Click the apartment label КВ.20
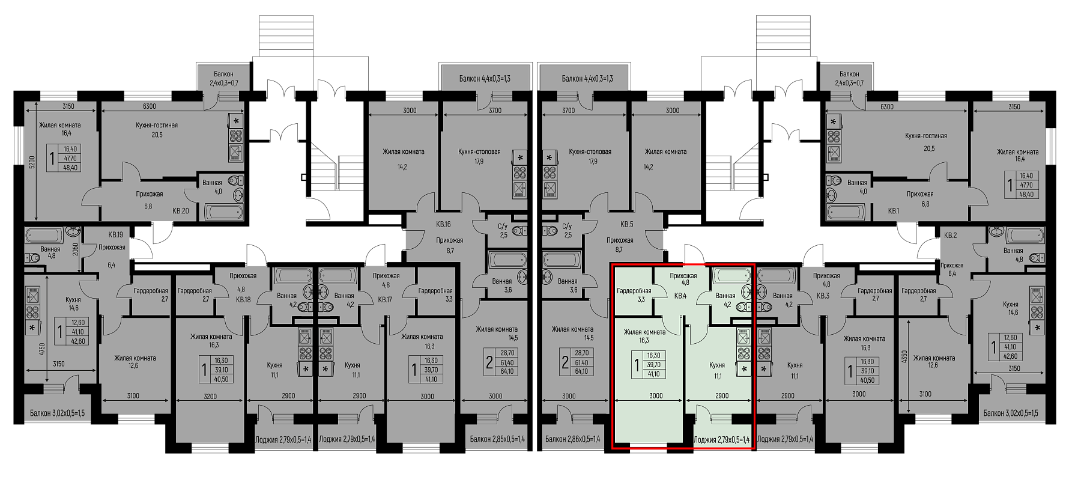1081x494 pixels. [181, 211]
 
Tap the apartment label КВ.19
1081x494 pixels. [116, 235]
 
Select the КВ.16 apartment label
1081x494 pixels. [443, 224]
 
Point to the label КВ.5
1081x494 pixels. [626, 224]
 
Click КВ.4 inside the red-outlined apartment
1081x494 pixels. [680, 296]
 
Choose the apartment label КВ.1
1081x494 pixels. [893, 211]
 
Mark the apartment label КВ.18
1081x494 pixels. [243, 299]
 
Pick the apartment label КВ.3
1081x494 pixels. [823, 296]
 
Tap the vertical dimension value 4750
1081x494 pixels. [42, 350]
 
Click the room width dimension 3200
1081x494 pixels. [210, 395]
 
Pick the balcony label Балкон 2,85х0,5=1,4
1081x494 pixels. [497, 439]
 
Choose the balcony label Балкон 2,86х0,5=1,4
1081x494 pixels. [572, 439]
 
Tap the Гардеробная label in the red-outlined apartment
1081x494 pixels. [633, 291]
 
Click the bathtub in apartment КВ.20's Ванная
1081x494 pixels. [224, 212]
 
